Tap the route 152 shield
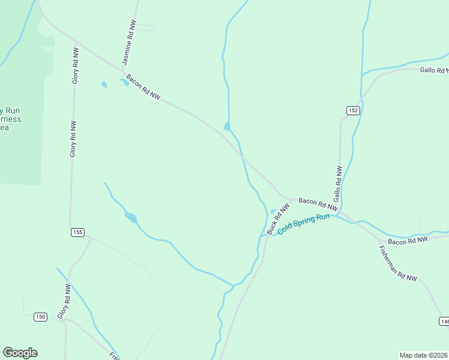point(352,110)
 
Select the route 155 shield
point(78,232)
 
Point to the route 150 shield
point(40,317)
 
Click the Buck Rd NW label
point(278,218)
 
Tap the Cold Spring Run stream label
point(304,224)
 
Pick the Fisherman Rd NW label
point(398,263)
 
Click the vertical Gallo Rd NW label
point(337,184)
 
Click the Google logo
point(20,353)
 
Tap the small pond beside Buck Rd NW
point(274,211)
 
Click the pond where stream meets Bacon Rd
point(227,126)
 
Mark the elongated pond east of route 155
point(130,217)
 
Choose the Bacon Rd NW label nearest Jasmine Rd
point(143,87)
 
